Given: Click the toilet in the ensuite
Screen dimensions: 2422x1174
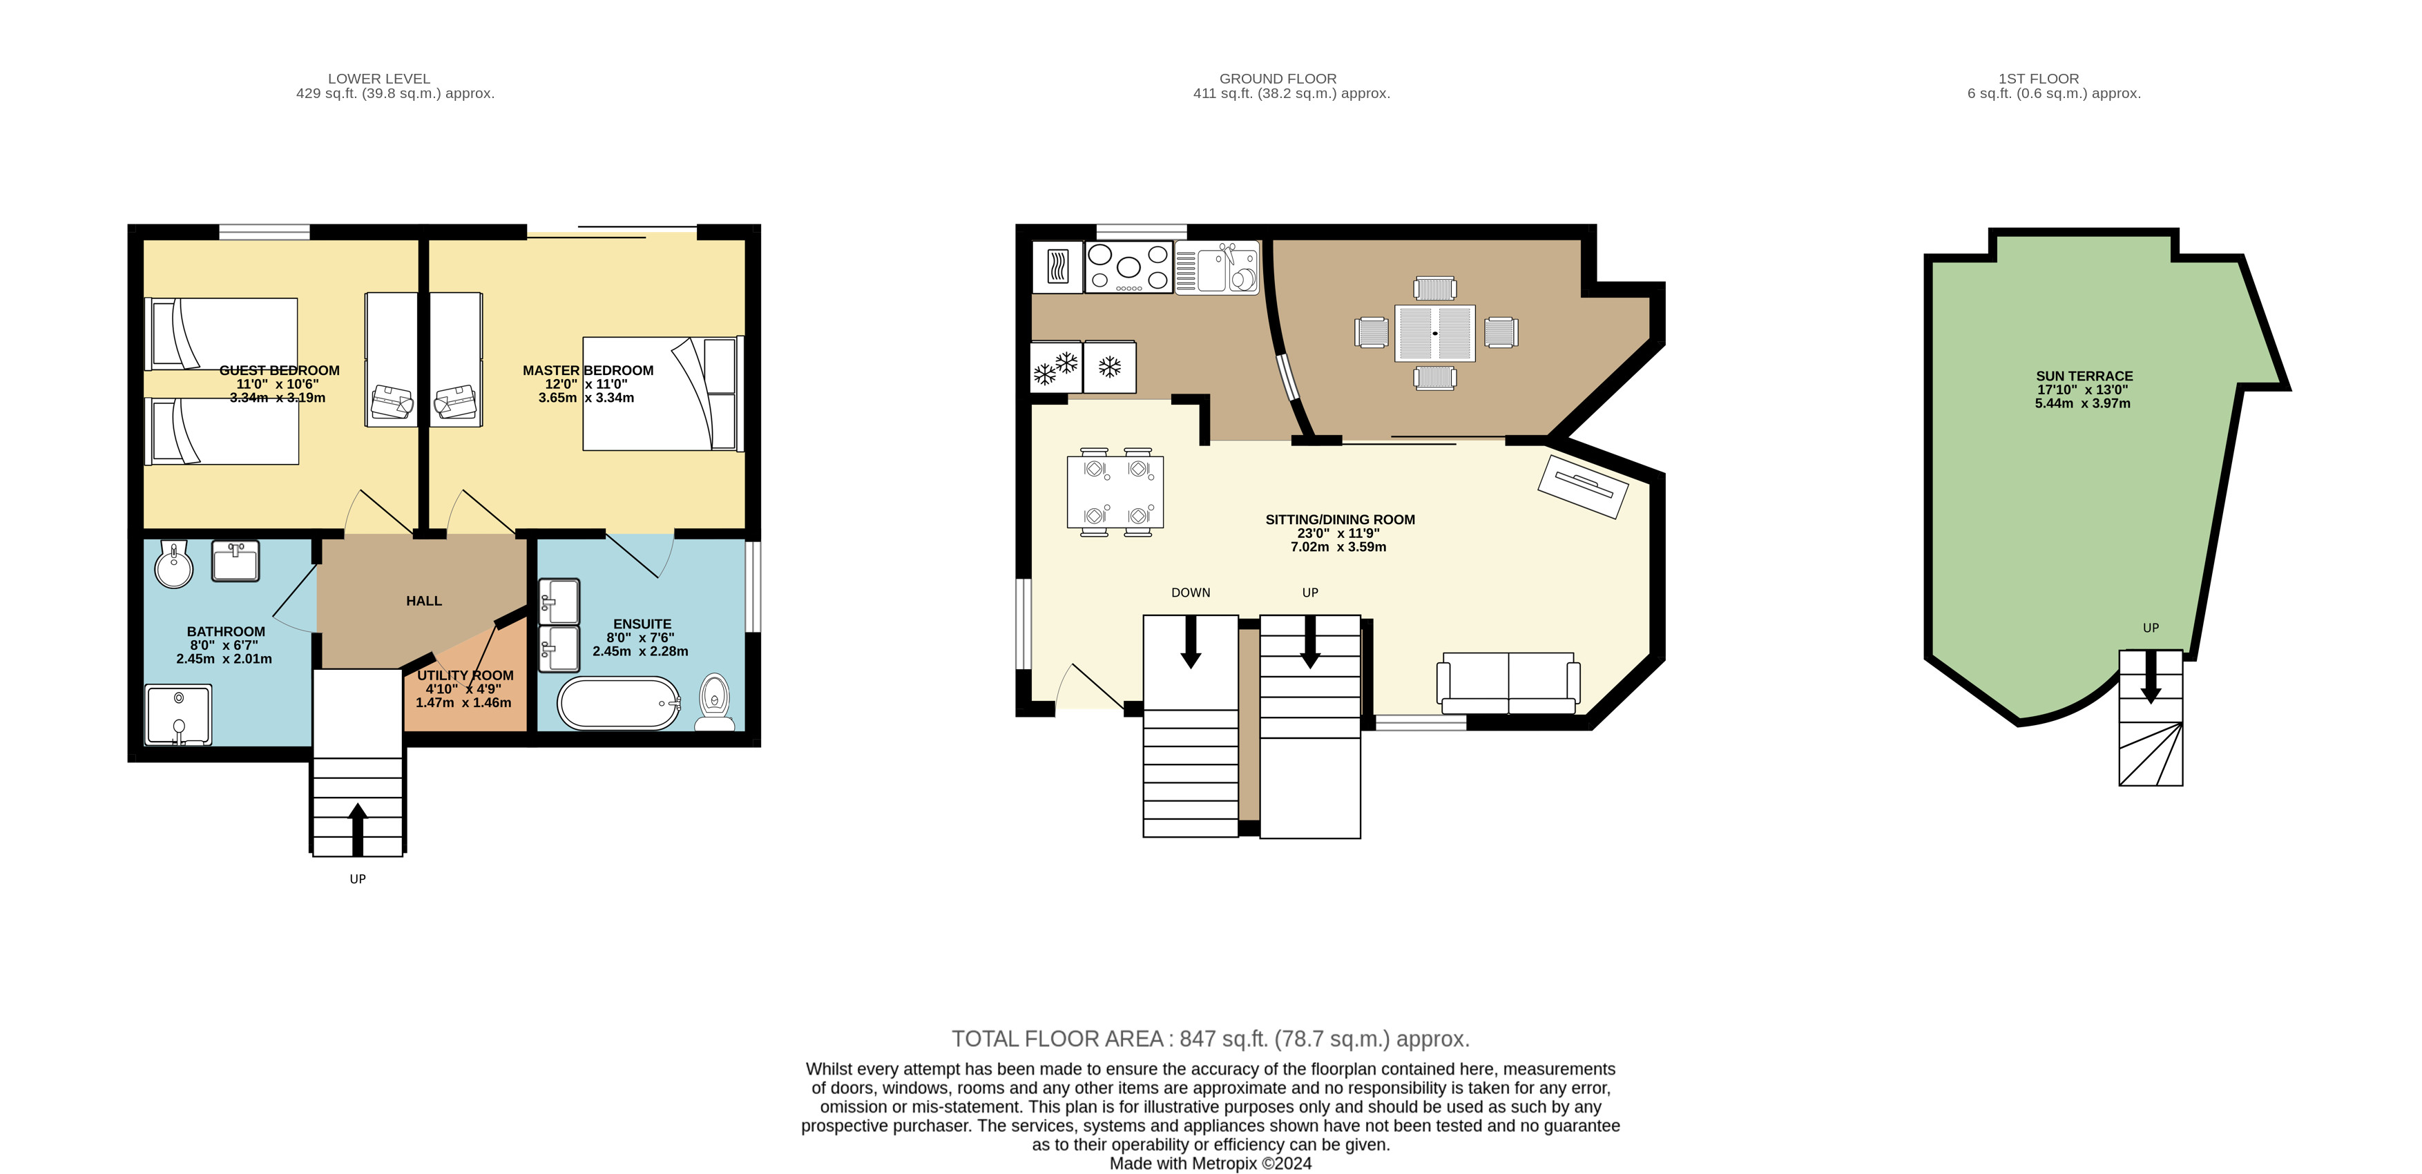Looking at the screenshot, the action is coord(715,702).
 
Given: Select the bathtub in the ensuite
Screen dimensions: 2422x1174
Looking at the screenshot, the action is coord(619,703).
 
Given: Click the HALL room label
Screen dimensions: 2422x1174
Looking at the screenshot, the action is coord(424,601).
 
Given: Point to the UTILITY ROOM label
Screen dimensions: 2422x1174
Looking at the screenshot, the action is coord(465,675).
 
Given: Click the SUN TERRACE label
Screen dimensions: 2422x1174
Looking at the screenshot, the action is coord(2084,376).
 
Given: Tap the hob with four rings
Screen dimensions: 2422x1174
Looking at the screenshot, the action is coord(1129,267).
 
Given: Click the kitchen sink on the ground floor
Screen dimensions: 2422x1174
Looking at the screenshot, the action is coord(1217,268).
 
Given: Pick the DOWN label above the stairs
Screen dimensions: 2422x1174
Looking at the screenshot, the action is coord(1191,592).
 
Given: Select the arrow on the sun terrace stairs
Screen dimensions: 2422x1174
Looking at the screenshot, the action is coord(2151,676).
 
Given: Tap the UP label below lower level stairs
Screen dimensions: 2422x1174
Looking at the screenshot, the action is coord(357,879).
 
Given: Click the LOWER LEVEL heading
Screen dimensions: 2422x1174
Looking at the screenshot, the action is coord(379,79).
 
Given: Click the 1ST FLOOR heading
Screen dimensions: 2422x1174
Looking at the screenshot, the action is coord(2039,79).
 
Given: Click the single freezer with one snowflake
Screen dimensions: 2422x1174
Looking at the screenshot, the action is coord(1109,367).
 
